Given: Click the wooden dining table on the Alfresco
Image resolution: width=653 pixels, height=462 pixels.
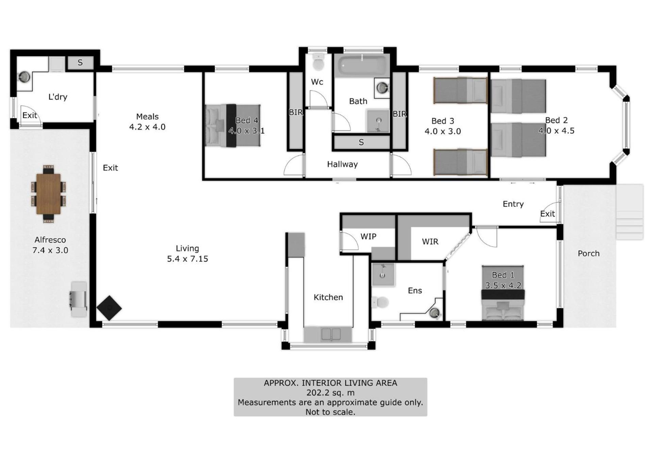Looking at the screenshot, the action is click(x=48, y=194).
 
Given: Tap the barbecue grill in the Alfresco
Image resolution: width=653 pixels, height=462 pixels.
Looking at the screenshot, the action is click(x=79, y=299).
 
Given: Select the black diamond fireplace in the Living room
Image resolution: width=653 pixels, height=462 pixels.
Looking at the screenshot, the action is click(x=109, y=308).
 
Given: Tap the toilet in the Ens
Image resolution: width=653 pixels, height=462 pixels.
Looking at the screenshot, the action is click(x=380, y=302).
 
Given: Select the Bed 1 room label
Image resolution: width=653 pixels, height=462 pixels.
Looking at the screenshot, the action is click(x=503, y=275).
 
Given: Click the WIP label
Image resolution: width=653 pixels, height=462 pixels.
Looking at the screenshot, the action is click(x=368, y=236).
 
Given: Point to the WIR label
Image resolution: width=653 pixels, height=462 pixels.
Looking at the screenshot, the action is click(x=430, y=242).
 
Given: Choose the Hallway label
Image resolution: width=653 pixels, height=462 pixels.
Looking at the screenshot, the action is click(x=342, y=164).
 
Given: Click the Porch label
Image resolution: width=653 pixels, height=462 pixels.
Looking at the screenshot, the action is click(x=588, y=253).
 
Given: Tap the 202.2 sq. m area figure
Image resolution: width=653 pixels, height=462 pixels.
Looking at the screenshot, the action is click(x=330, y=393).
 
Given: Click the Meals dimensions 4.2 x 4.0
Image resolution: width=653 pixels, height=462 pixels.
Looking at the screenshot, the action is click(x=147, y=127).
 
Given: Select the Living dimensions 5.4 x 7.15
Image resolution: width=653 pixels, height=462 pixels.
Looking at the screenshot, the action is click(x=187, y=259).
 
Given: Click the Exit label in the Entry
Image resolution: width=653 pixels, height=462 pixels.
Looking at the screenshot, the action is click(x=547, y=214).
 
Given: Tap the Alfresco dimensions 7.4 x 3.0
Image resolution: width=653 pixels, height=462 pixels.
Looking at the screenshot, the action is click(x=50, y=250).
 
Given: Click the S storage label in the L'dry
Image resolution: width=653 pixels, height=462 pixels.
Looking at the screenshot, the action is click(x=80, y=63).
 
